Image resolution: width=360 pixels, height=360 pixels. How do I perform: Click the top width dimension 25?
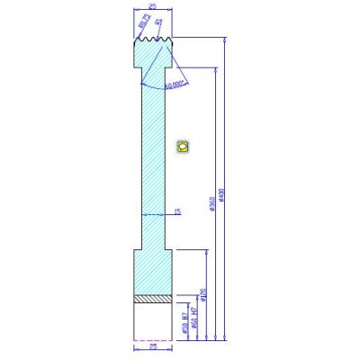point(153,6)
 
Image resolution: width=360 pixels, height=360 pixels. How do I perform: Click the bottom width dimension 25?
point(152,345)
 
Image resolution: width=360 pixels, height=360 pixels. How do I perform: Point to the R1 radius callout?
point(158,21)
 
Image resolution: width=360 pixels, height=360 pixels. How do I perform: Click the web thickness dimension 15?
point(177,212)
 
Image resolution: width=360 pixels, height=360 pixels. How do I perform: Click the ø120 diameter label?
point(205,295)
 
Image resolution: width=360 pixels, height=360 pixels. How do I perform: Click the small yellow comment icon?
point(184,145)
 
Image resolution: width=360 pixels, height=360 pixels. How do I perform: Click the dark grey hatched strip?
point(152,298)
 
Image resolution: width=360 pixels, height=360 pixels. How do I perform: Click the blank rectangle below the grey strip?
point(152,319)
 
